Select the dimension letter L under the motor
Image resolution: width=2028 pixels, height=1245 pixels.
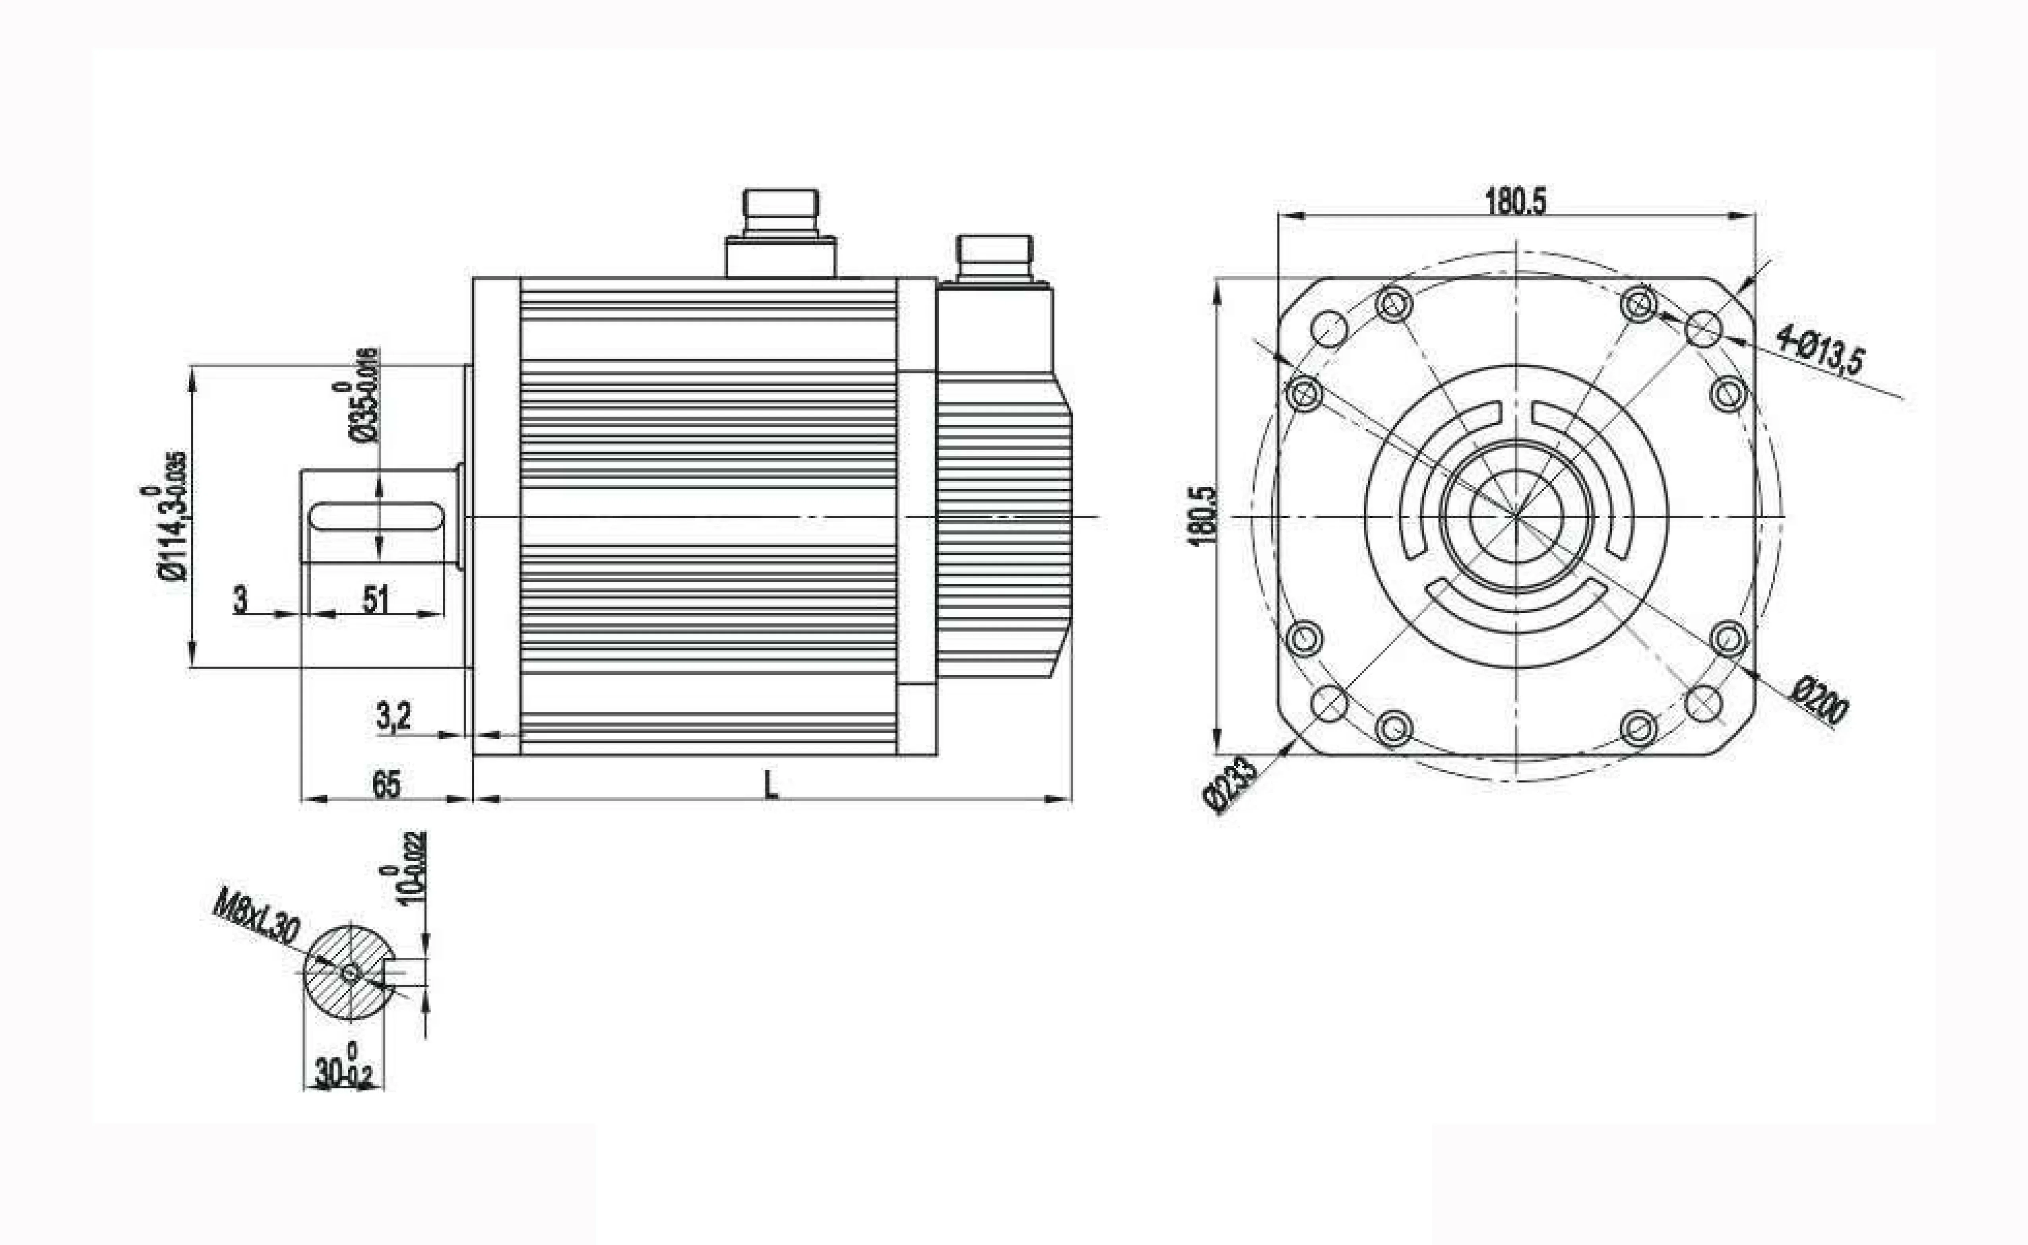point(770,785)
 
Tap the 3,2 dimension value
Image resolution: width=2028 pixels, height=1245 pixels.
point(393,715)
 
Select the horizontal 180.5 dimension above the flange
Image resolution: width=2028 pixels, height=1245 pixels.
point(1515,201)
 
